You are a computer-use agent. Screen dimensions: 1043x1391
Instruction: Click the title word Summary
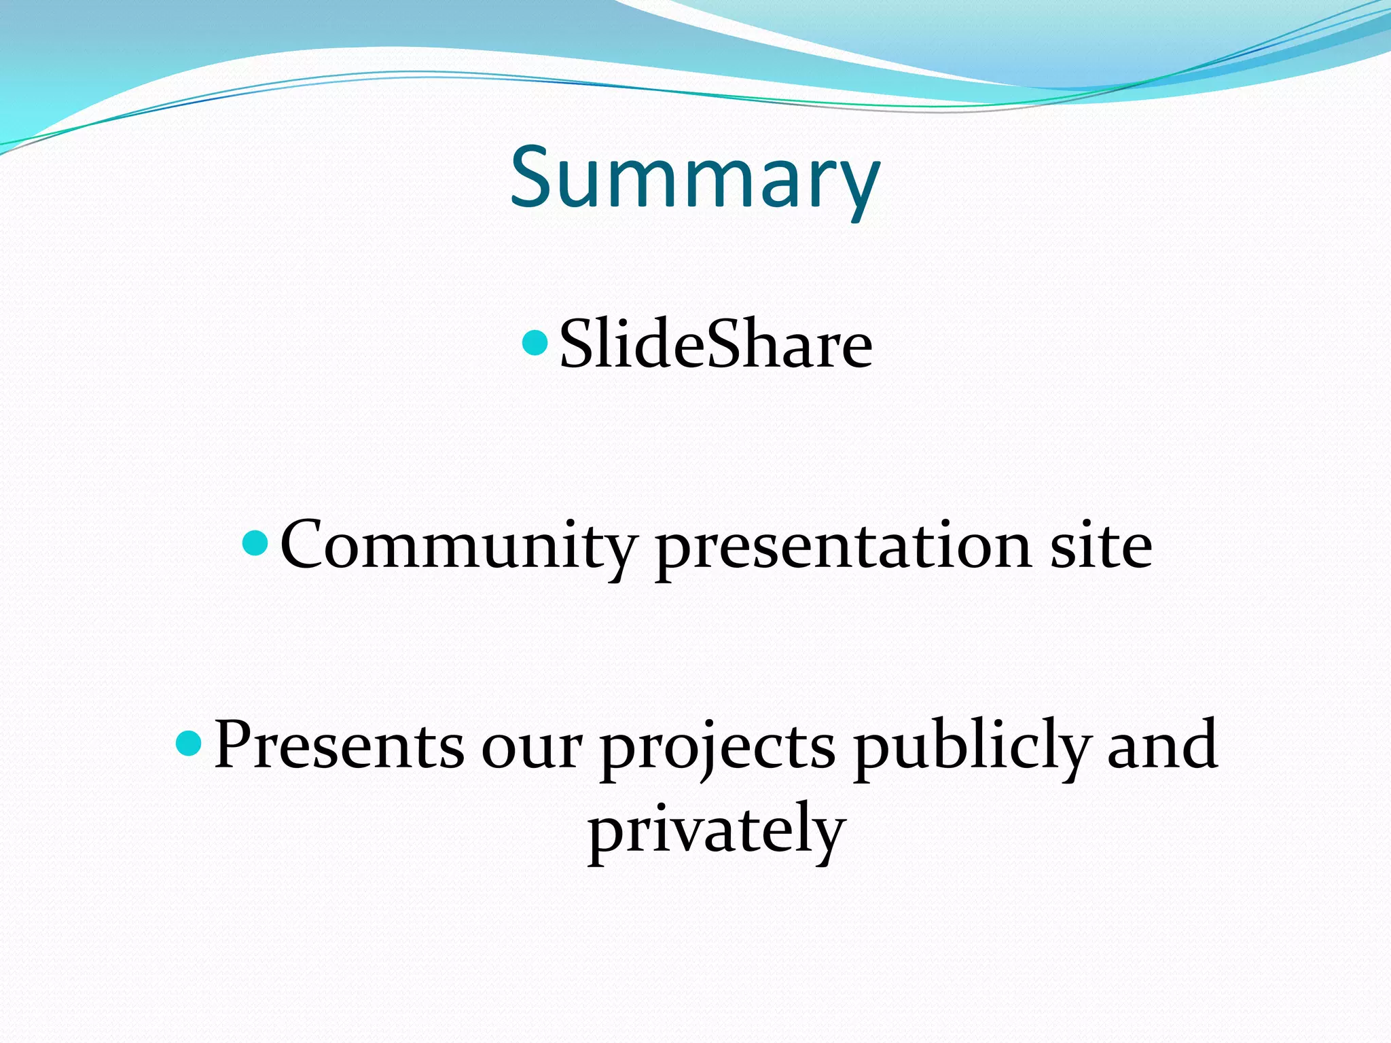click(695, 178)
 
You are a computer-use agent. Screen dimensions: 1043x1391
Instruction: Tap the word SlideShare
click(715, 345)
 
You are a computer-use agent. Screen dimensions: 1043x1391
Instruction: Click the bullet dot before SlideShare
click(535, 343)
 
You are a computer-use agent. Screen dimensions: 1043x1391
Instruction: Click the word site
click(1101, 545)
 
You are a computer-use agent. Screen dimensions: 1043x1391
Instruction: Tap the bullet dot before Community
click(255, 543)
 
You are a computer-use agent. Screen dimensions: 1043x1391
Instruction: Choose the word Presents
click(339, 745)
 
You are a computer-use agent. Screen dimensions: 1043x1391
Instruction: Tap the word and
click(1162, 745)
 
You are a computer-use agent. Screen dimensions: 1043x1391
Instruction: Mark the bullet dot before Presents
click(189, 744)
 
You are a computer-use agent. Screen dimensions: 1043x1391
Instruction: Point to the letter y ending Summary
click(858, 187)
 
